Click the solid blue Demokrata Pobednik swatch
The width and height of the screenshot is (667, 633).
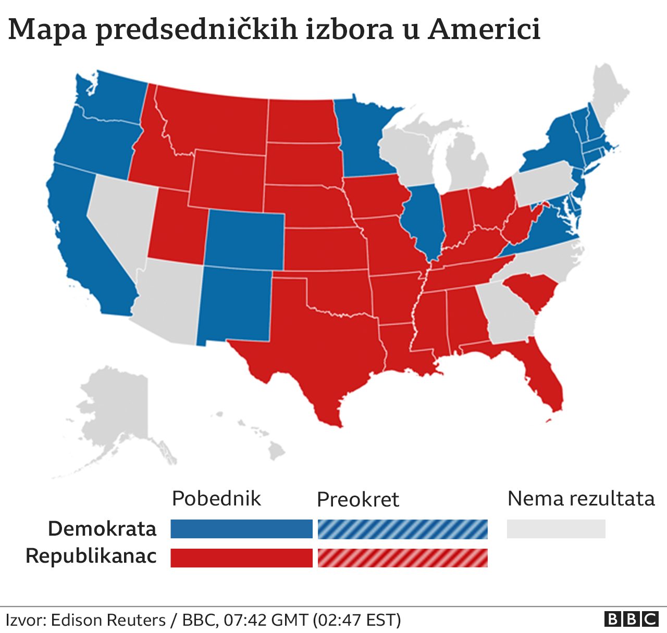[x=241, y=529]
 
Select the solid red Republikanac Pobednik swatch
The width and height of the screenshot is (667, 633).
[x=241, y=558]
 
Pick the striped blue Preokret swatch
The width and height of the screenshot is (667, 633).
[x=402, y=529]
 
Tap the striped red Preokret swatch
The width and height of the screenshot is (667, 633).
[x=402, y=558]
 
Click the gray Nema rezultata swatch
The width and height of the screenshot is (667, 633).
[x=556, y=529]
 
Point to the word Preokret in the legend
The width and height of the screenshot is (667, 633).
[x=357, y=500]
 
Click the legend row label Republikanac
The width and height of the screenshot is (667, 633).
[x=91, y=556]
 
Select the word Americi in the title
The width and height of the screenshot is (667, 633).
[x=484, y=29]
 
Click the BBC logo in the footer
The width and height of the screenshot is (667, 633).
[x=631, y=619]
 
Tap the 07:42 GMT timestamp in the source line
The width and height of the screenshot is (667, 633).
[x=266, y=620]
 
